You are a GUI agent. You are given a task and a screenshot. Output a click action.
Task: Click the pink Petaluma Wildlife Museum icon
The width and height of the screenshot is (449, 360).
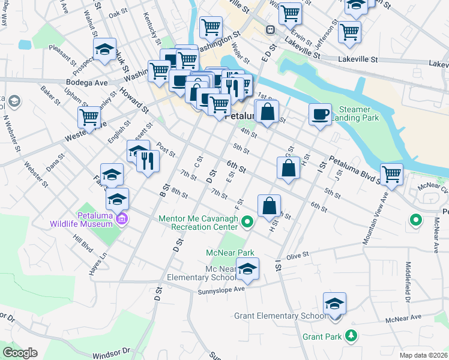tap(122, 218)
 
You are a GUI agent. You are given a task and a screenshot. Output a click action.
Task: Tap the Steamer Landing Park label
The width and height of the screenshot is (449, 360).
tap(359, 113)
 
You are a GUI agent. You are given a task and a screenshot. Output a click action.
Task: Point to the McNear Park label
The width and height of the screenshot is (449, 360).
tap(231, 253)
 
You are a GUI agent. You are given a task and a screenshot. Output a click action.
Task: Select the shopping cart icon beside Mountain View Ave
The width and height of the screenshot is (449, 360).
tap(391, 175)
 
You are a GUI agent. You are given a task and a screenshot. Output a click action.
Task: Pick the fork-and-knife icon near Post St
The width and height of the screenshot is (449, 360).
tap(148, 160)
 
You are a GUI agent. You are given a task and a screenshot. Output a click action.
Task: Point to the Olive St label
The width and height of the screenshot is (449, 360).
tap(297, 255)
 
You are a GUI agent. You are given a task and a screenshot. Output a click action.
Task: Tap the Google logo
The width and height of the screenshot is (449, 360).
tap(20, 353)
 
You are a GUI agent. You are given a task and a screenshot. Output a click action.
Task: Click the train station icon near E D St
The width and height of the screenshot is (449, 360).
tap(271, 28)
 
